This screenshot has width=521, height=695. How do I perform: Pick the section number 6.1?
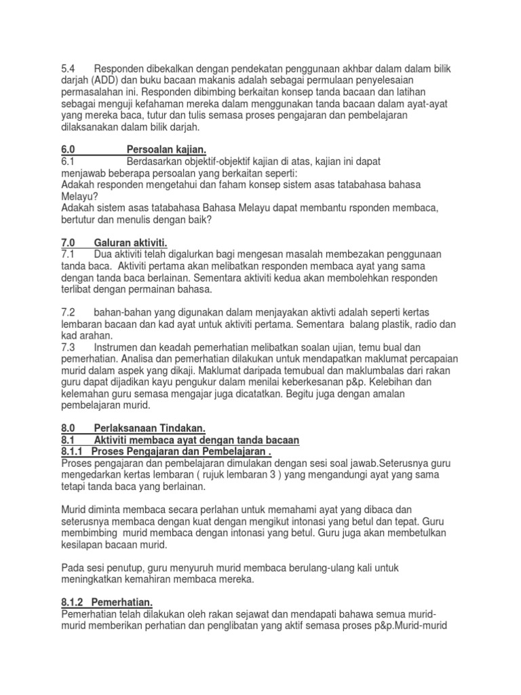click(69, 162)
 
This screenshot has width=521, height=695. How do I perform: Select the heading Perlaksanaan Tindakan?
click(149, 428)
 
